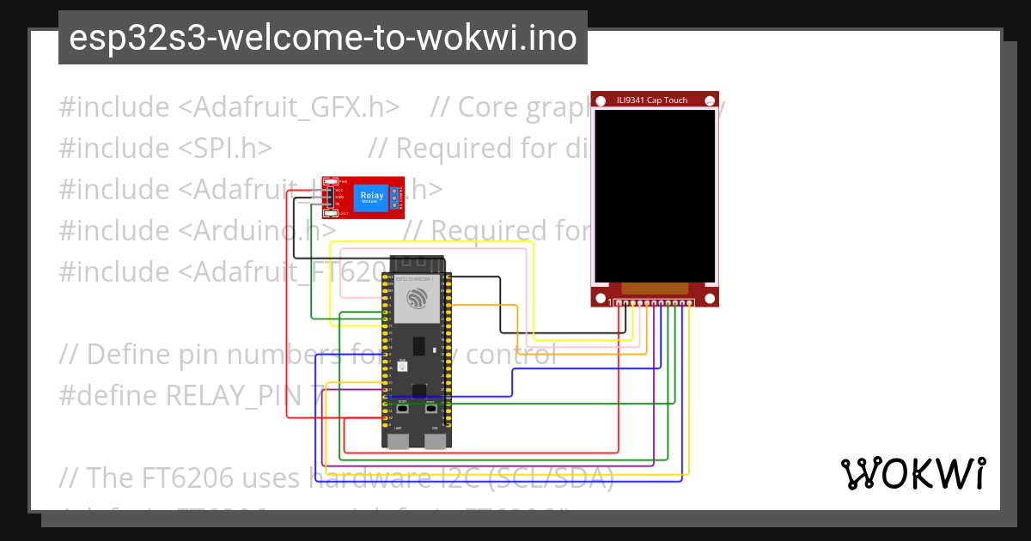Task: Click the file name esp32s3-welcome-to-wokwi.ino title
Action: tap(322, 39)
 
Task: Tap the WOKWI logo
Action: tap(912, 473)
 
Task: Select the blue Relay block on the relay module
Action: tap(371, 198)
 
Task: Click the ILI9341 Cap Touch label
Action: tap(652, 100)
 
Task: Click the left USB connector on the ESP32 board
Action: tap(398, 441)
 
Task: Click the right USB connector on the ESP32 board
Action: tap(436, 441)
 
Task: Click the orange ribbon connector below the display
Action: tap(655, 289)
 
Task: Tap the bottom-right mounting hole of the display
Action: tap(711, 299)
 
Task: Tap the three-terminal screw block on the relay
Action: tap(395, 198)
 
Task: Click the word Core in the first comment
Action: tap(484, 107)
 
